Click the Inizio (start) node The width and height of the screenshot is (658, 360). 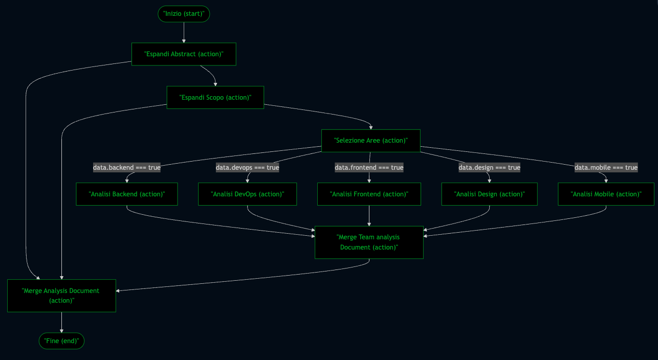tap(184, 14)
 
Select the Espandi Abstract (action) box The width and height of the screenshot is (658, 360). tap(184, 54)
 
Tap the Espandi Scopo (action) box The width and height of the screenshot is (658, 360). tap(215, 97)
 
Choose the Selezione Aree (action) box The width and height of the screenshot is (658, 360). tap(370, 141)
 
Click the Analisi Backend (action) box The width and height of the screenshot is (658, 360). tap(127, 194)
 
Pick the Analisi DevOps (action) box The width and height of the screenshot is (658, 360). tap(247, 194)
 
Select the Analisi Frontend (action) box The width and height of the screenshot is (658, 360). tap(369, 194)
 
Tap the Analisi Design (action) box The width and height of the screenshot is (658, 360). tap(489, 194)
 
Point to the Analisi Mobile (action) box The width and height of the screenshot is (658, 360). tap(606, 194)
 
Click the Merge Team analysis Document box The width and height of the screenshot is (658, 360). tap(369, 242)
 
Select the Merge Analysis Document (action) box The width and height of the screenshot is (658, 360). tap(61, 296)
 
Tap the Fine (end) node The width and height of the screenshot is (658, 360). tap(61, 341)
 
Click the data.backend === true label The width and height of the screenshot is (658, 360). tap(126, 168)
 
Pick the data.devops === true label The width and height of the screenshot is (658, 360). tap(247, 168)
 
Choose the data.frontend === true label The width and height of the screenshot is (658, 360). tap(369, 168)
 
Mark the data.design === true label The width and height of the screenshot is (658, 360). tap(489, 168)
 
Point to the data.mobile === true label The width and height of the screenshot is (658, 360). tap(606, 168)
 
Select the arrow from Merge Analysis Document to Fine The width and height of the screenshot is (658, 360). tap(61, 323)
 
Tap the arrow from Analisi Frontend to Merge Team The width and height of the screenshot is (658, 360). tap(369, 216)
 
